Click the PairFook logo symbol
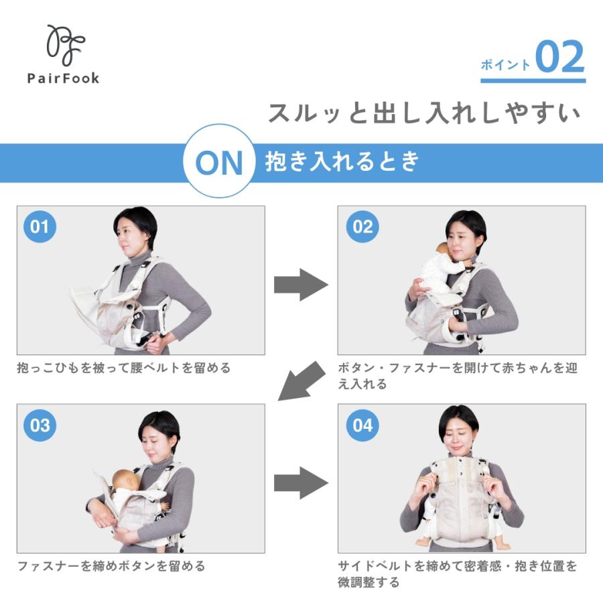point(64,45)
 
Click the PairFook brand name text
point(64,78)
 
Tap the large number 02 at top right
point(559,59)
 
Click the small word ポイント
point(506,65)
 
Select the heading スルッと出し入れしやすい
point(423,113)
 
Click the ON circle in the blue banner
point(219,163)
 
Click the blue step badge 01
point(40,226)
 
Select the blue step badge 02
point(362,226)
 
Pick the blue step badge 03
point(40,425)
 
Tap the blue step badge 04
point(362,425)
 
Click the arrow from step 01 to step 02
point(301,285)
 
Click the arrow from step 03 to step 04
point(301,482)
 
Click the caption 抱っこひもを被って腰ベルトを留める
point(124,368)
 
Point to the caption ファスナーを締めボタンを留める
point(111,566)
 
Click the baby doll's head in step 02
point(443,251)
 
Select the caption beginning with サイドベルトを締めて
point(457,574)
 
